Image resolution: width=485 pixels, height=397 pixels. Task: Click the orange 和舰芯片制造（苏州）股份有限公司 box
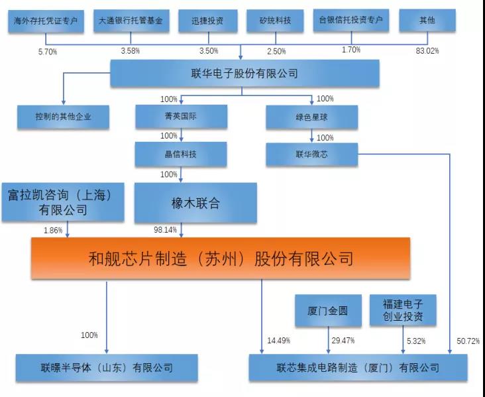pos(221,258)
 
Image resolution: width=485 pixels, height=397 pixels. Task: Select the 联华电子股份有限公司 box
pos(244,73)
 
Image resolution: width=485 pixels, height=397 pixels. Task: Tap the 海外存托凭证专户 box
pos(46,21)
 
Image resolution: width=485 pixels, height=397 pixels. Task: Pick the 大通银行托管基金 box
pos(131,21)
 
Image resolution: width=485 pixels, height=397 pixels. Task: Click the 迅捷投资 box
pos(208,21)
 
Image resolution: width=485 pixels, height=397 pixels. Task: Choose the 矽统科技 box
pos(275,21)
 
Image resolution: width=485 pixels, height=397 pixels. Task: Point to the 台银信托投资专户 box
pos(351,21)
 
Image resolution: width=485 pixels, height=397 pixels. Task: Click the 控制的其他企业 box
pos(63,117)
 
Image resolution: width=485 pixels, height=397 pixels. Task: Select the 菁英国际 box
pos(182,117)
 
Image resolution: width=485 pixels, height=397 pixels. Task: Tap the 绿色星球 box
pos(312,117)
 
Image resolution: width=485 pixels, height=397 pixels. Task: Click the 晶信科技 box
pos(181,154)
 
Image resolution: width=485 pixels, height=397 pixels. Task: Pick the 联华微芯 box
pos(312,154)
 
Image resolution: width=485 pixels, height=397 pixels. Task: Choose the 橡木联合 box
pos(195,203)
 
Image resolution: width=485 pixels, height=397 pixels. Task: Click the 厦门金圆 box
pos(328,310)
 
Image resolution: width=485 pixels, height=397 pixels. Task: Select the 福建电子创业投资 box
pos(403,310)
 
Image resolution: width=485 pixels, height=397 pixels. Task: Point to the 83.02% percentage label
pos(427,51)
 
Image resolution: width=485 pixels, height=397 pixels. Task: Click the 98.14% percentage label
pos(165,229)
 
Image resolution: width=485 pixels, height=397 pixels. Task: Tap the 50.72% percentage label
pos(468,341)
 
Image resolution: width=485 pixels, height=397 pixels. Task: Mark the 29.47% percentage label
pos(343,341)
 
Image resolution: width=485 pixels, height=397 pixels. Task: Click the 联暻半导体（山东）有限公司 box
pos(107,368)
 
